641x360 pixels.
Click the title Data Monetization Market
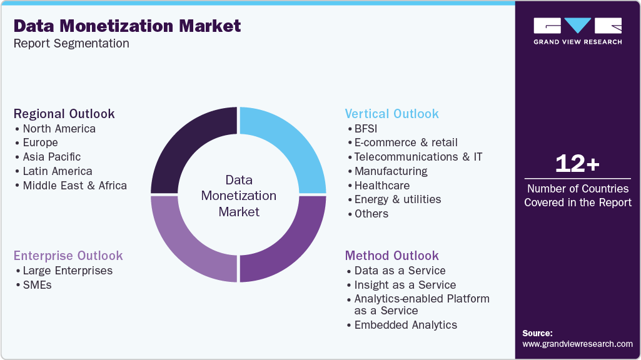pyautogui.click(x=127, y=26)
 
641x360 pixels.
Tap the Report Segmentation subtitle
pyautogui.click(x=71, y=43)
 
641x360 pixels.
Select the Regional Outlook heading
pyautogui.click(x=64, y=114)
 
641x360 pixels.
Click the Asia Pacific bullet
pyautogui.click(x=52, y=157)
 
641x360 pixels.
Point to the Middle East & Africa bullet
pyautogui.click(x=74, y=186)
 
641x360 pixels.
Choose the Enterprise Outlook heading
pyautogui.click(x=68, y=256)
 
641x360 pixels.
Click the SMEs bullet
pyautogui.click(x=37, y=285)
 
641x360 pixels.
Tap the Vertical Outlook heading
pyautogui.click(x=392, y=114)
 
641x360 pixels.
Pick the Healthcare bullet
pyautogui.click(x=382, y=186)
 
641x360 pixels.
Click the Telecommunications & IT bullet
pyautogui.click(x=418, y=157)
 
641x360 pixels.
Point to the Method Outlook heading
pyautogui.click(x=392, y=256)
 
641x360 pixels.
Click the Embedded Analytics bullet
pyautogui.click(x=406, y=325)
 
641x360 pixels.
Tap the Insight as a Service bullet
pyautogui.click(x=405, y=285)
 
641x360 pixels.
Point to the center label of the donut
pyautogui.click(x=239, y=196)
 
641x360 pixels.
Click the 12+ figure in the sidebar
pyautogui.click(x=578, y=164)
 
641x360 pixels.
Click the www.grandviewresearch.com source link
pyautogui.click(x=578, y=344)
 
